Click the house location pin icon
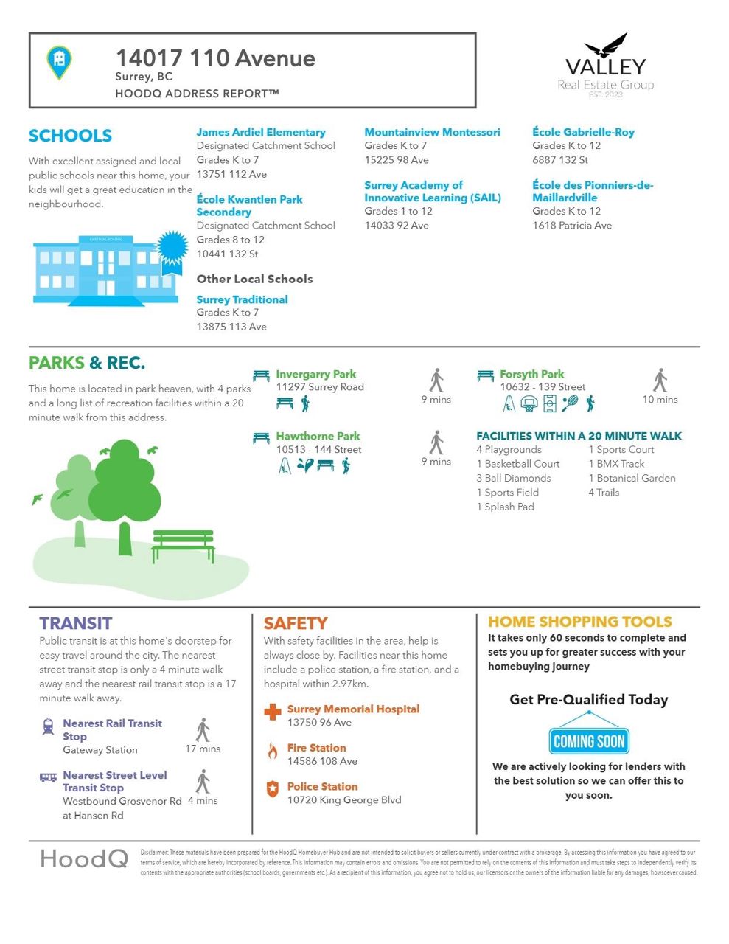(59, 61)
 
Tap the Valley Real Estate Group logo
(605, 67)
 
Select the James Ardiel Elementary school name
(261, 132)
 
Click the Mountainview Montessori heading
(432, 132)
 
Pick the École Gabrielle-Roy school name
(583, 132)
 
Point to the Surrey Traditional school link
(242, 299)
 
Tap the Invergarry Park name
(315, 374)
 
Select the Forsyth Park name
(531, 374)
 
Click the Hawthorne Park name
(318, 436)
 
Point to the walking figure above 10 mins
(660, 381)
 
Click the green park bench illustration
(183, 546)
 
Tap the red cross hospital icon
(273, 712)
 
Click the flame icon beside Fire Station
(273, 751)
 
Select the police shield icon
(273, 789)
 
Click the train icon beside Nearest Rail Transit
(49, 727)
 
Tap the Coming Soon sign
(588, 741)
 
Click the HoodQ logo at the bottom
(84, 858)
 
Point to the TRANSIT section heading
(76, 623)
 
